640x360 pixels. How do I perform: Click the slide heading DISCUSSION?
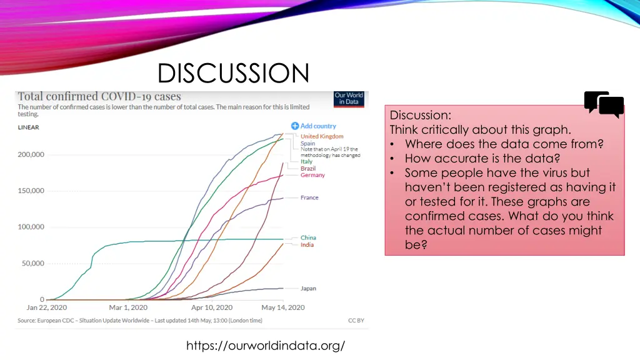(x=233, y=73)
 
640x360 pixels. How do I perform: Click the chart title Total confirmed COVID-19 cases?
(x=99, y=97)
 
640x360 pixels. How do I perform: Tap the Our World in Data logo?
(x=349, y=99)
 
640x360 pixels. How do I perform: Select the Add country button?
(x=314, y=126)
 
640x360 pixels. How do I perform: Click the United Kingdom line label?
(x=322, y=136)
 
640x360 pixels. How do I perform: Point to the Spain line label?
(x=307, y=143)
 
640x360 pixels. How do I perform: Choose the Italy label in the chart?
(x=306, y=161)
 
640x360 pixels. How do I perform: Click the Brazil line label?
(x=308, y=169)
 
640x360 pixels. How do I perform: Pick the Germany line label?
(x=312, y=176)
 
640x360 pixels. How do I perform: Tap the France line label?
(x=309, y=197)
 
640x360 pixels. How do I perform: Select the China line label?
(x=308, y=237)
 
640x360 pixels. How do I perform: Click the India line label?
(x=307, y=245)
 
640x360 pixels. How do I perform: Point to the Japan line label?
(x=308, y=289)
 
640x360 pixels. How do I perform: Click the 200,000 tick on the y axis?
(x=31, y=154)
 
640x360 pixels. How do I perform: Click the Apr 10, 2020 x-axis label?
(x=211, y=307)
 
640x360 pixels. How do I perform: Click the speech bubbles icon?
(x=604, y=104)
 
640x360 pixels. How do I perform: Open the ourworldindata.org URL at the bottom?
(x=266, y=345)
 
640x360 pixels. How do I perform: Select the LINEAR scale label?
(x=28, y=127)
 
